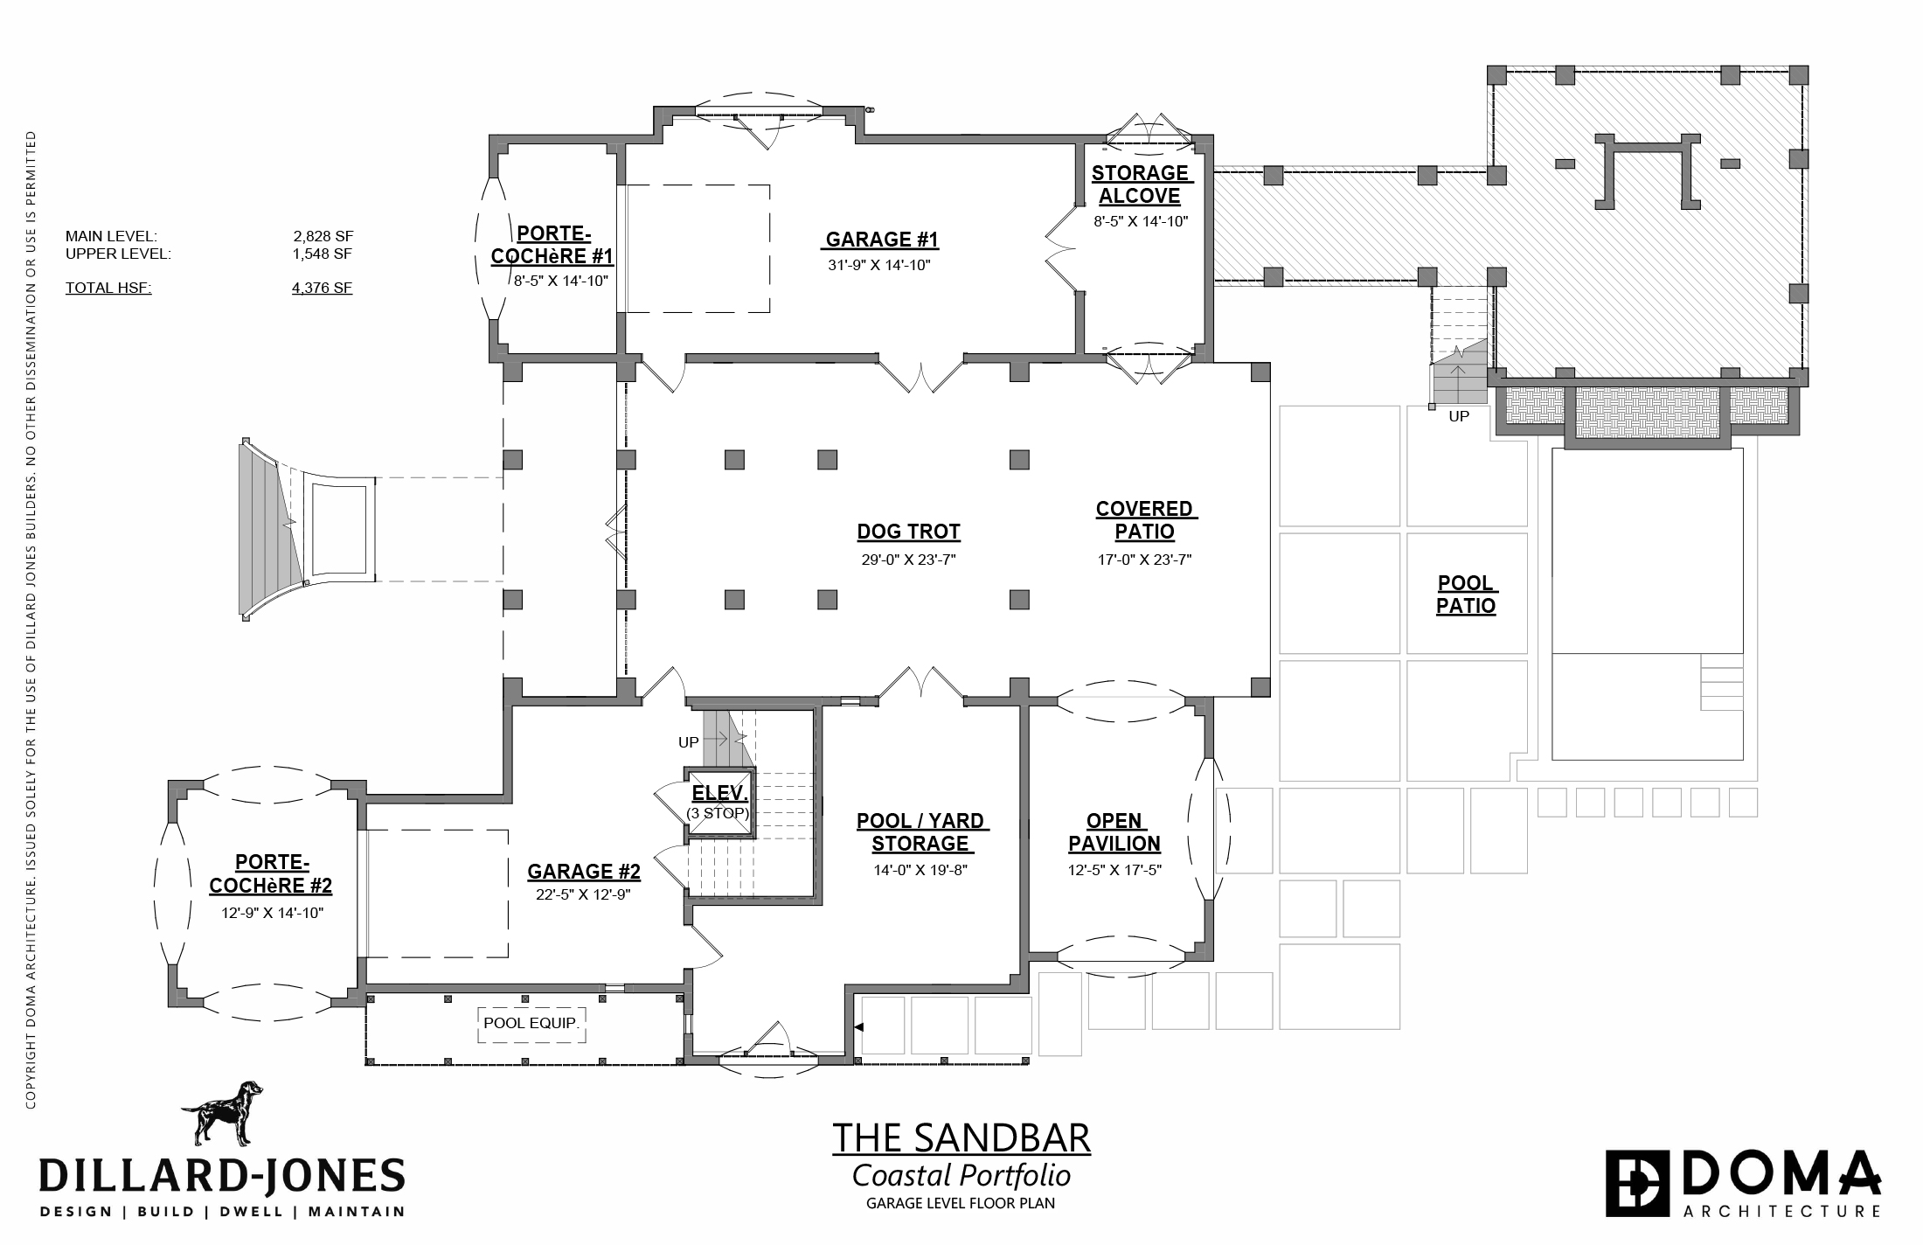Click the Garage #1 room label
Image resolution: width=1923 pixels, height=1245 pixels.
pos(881,240)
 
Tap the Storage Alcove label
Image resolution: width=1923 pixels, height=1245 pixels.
pos(1141,184)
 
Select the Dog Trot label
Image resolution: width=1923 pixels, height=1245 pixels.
pos(908,532)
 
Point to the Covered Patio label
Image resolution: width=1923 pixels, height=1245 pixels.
pos(1145,520)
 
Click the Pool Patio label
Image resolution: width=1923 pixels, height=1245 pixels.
pos(1467,595)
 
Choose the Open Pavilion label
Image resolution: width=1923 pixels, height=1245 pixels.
pos(1114,832)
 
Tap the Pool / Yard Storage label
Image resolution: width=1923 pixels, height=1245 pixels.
pos(920,832)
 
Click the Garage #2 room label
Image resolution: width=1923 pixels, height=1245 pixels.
pos(584,872)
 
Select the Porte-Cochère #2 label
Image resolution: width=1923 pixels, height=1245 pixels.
pos(271,874)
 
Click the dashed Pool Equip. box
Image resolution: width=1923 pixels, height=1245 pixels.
pos(531,1024)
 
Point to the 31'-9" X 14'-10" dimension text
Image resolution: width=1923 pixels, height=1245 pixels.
pos(879,266)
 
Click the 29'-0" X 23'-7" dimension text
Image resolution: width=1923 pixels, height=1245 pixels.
pos(909,560)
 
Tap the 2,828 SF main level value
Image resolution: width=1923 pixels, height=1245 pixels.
pos(323,236)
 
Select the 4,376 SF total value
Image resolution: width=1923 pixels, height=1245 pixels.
pos(323,288)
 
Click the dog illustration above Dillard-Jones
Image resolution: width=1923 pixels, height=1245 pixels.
pos(222,1112)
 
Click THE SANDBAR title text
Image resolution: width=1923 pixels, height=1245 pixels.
pos(961,1138)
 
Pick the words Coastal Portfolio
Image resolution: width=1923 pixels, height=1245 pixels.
pos(961,1176)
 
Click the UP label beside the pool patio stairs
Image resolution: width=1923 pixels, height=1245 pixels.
pos(1459,416)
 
